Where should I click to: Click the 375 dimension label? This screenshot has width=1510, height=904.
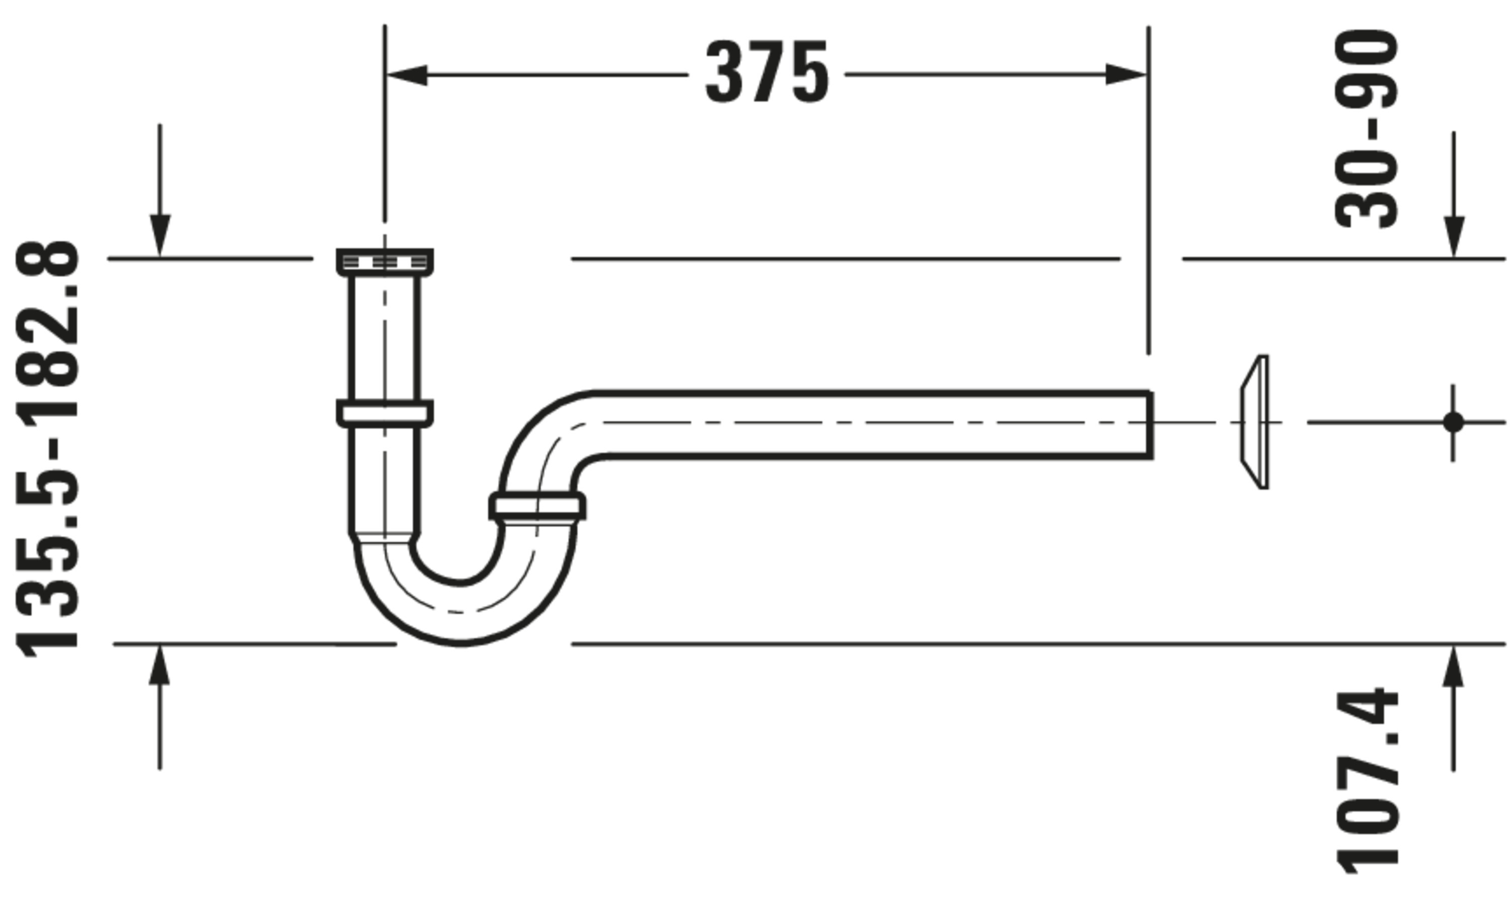tap(767, 72)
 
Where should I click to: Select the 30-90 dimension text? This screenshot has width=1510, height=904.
tap(1366, 129)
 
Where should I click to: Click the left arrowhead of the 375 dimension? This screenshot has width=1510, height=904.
tap(407, 75)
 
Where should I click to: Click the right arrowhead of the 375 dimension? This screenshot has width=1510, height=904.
tap(1126, 75)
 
